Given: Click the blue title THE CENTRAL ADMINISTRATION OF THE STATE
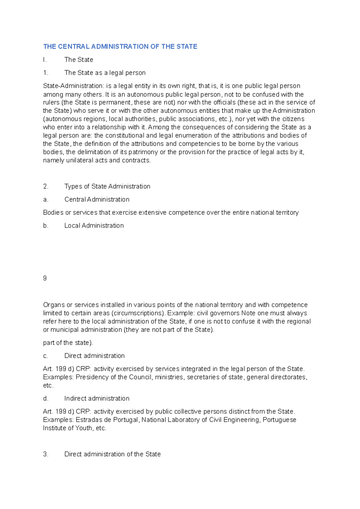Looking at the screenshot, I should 120,46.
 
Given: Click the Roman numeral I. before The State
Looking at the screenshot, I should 44,60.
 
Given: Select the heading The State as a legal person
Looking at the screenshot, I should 105,73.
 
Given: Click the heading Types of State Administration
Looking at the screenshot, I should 107,186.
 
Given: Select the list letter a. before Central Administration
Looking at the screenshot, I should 46,200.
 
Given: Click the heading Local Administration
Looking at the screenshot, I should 94,226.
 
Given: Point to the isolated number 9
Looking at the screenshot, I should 45,278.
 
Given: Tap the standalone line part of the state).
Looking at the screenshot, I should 68,343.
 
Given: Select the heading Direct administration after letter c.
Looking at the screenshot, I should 94,356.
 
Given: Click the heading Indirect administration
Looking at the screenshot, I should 97,398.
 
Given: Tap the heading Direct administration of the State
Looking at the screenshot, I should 112,454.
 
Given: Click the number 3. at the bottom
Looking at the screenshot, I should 46,454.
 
